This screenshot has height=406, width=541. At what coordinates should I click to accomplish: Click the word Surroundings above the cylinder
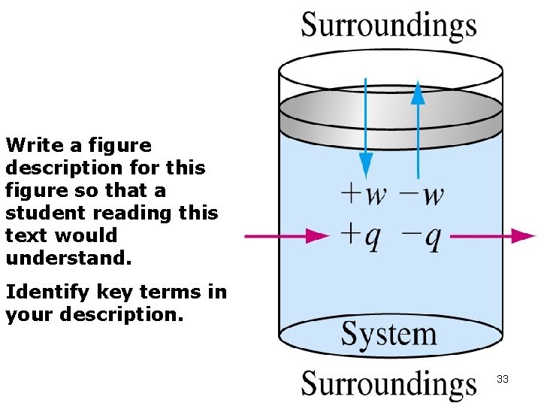(x=388, y=25)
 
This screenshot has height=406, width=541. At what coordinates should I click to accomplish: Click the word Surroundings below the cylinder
(x=388, y=383)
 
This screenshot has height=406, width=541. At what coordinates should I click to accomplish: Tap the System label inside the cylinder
(x=388, y=334)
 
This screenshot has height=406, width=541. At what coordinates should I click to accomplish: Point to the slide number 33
(x=503, y=380)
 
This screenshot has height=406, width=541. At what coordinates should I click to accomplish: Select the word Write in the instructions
(x=32, y=145)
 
